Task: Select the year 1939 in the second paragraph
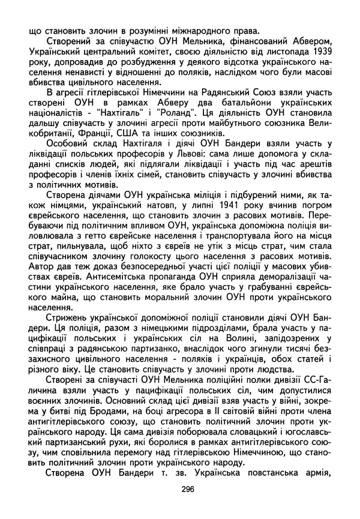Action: click(320, 52)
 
